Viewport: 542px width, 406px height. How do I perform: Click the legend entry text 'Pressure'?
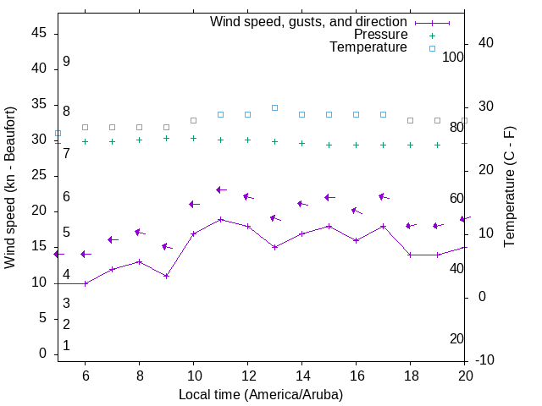pos(380,35)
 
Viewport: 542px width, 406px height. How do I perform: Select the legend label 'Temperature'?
pos(368,47)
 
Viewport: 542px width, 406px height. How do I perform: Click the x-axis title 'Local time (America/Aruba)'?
pos(261,394)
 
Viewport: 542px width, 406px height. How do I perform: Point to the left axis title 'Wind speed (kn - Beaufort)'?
pos(10,188)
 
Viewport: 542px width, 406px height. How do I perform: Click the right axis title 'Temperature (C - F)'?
pos(509,187)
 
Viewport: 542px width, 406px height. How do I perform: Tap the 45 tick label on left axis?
pos(39,32)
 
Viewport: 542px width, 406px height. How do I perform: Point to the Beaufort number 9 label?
pos(66,62)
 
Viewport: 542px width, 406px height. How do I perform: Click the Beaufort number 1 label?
pos(66,345)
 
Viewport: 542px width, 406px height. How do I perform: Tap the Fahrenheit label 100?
pos(454,57)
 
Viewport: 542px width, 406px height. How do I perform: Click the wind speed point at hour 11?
pos(220,219)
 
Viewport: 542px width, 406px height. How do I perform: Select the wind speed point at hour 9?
pos(166,276)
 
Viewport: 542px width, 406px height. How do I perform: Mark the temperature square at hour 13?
pos(274,107)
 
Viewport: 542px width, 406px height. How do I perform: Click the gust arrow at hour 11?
pos(220,190)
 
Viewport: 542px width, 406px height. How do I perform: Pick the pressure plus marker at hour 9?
pos(166,138)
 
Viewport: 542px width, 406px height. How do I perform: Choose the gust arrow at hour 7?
pos(112,239)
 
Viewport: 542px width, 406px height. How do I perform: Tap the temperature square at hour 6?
pos(85,127)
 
